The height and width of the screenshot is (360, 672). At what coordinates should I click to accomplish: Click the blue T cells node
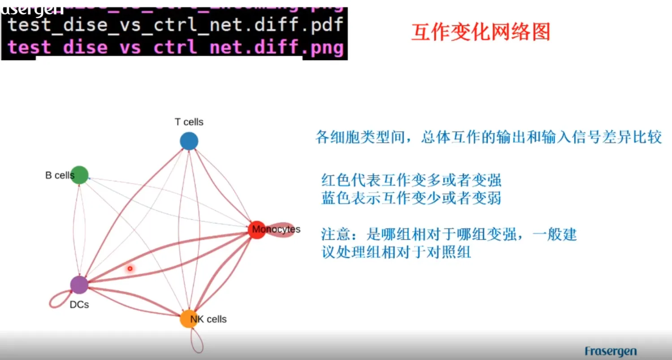189,141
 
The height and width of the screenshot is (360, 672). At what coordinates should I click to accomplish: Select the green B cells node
79,175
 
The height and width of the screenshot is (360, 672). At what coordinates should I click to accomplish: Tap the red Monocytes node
257,230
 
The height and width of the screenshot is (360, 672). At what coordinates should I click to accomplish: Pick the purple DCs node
79,285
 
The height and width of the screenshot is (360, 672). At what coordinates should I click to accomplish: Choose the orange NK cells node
189,319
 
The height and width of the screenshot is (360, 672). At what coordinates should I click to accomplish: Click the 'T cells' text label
189,122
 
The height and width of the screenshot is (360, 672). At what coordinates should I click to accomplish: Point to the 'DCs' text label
79,305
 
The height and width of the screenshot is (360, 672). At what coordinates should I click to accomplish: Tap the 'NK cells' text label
208,319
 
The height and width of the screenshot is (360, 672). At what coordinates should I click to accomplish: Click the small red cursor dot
130,269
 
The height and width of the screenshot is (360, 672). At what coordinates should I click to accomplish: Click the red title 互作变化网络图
480,32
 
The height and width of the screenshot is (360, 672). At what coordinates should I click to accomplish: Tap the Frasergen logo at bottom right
610,351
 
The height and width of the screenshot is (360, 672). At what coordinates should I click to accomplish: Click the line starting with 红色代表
411,180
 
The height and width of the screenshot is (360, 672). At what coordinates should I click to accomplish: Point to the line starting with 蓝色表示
411,198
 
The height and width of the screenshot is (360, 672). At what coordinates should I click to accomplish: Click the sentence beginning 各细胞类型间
488,137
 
